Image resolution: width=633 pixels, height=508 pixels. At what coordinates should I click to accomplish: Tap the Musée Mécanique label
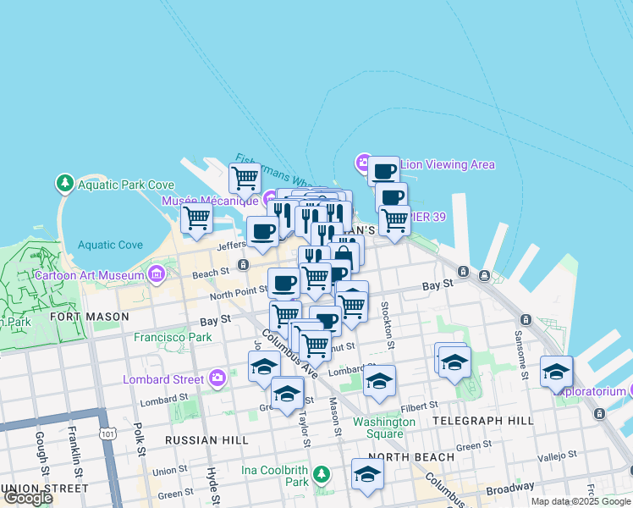[x=210, y=201]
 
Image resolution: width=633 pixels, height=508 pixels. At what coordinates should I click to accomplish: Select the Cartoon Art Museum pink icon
[x=156, y=274]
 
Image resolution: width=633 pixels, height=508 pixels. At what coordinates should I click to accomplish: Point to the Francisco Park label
[x=173, y=337]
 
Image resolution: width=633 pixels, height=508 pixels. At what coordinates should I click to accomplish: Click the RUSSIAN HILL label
[x=207, y=440]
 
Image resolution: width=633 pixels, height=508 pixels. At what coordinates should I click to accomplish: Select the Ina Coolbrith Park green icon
[x=321, y=473]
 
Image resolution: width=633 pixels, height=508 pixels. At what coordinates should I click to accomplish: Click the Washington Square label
[x=384, y=428]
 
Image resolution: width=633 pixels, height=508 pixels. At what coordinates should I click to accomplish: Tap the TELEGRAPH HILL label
[x=482, y=421]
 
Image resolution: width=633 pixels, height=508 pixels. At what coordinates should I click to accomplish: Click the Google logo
[x=28, y=499]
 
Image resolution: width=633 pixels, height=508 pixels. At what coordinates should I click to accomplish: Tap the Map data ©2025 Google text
[x=581, y=501]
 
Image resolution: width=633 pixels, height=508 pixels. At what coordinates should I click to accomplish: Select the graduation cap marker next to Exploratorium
[x=556, y=373]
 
